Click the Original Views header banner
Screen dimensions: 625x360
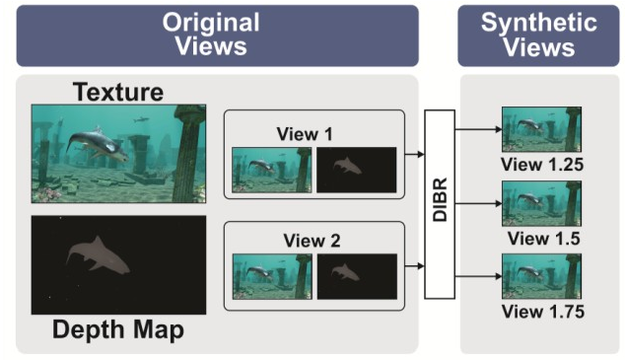[217, 36]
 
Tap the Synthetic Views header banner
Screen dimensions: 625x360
[538, 36]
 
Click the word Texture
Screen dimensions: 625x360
[118, 92]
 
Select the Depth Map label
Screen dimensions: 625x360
[118, 330]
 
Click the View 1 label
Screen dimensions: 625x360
[305, 134]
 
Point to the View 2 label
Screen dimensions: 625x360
[312, 241]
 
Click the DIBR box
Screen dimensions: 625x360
[440, 204]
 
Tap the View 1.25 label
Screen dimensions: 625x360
[542, 165]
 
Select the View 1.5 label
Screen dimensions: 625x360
[544, 239]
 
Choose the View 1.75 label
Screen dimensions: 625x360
[543, 312]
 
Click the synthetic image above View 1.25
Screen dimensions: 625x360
[541, 129]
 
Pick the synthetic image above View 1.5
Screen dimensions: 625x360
[541, 203]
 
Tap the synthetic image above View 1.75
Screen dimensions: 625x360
[541, 276]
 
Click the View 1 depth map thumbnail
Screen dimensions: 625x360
[356, 170]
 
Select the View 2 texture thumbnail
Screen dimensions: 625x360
[272, 277]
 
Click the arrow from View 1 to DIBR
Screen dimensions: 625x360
[415, 154]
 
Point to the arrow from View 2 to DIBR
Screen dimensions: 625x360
[415, 266]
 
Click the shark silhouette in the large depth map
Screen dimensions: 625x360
[98, 255]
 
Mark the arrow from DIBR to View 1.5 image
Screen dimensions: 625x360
[478, 204]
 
